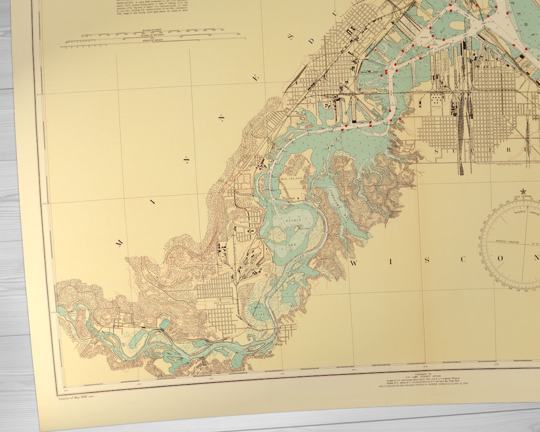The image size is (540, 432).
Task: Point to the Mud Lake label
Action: (x=257, y=308)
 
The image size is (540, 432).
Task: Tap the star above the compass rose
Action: (x=523, y=192)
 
